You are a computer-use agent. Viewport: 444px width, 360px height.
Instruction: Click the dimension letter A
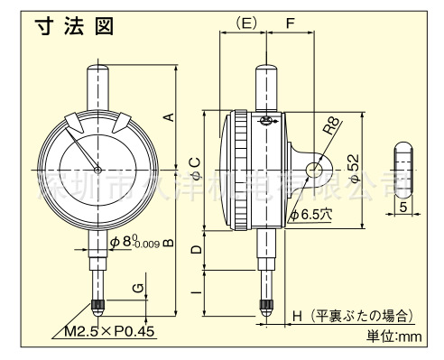tap(169, 115)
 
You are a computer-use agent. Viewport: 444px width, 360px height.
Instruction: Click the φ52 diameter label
tap(355, 167)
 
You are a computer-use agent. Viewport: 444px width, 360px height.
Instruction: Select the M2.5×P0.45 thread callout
tap(110, 330)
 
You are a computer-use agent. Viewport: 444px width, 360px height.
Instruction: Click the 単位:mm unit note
tap(393, 337)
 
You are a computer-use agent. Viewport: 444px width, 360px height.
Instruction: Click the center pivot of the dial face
tap(97, 170)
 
